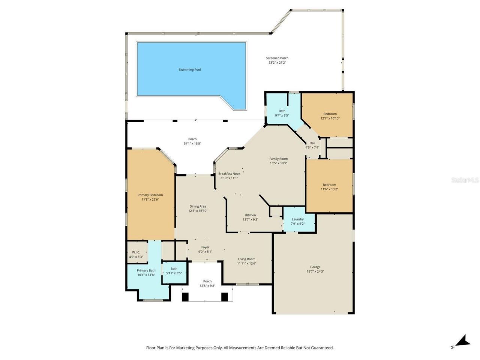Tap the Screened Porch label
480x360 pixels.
click(x=277, y=58)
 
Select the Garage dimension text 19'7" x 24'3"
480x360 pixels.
click(x=315, y=271)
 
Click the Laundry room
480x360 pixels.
click(x=298, y=222)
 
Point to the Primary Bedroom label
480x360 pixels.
click(x=150, y=195)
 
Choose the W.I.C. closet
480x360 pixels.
click(x=136, y=255)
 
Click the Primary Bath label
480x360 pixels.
click(x=146, y=271)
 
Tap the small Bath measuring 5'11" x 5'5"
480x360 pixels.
click(x=174, y=271)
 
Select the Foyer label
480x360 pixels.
click(x=205, y=247)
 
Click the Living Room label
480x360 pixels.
click(x=246, y=259)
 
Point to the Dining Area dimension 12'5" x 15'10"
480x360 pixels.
click(x=198, y=211)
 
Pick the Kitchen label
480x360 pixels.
click(x=250, y=215)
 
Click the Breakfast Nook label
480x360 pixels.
click(x=229, y=174)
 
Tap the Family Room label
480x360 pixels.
click(x=278, y=159)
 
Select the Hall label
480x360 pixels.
click(x=312, y=143)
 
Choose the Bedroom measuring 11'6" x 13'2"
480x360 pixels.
click(x=329, y=187)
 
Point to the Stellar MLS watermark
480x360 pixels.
click(x=465, y=180)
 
